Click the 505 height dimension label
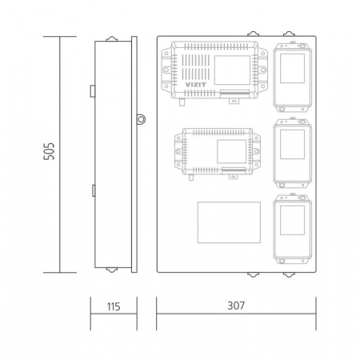click(x=49, y=151)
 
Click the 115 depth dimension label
click(x=114, y=306)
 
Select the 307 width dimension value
click(x=236, y=306)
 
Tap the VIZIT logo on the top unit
click(x=196, y=85)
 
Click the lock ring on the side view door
click(x=141, y=119)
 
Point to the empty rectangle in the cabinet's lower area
click(x=229, y=222)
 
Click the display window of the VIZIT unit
click(x=232, y=70)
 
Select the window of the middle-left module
click(x=231, y=151)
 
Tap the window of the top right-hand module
click(x=292, y=68)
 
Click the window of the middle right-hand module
click(x=292, y=144)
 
